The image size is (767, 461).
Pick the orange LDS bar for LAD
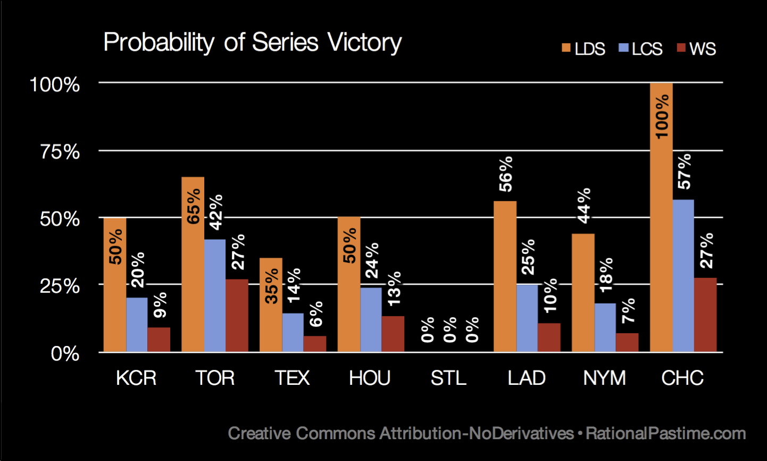[505, 276]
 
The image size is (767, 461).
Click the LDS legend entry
[583, 49]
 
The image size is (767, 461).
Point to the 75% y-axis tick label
[60, 152]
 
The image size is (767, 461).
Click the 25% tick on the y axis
[60, 286]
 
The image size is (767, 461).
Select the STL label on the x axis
[448, 378]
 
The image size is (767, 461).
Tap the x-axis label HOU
[370, 378]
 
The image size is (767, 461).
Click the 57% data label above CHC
[684, 171]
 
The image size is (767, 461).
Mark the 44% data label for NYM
[584, 205]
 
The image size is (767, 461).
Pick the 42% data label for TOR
[215, 212]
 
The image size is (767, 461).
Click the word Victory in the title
[364, 43]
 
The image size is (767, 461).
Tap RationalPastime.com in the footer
[665, 433]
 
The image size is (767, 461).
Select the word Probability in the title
[159, 43]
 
